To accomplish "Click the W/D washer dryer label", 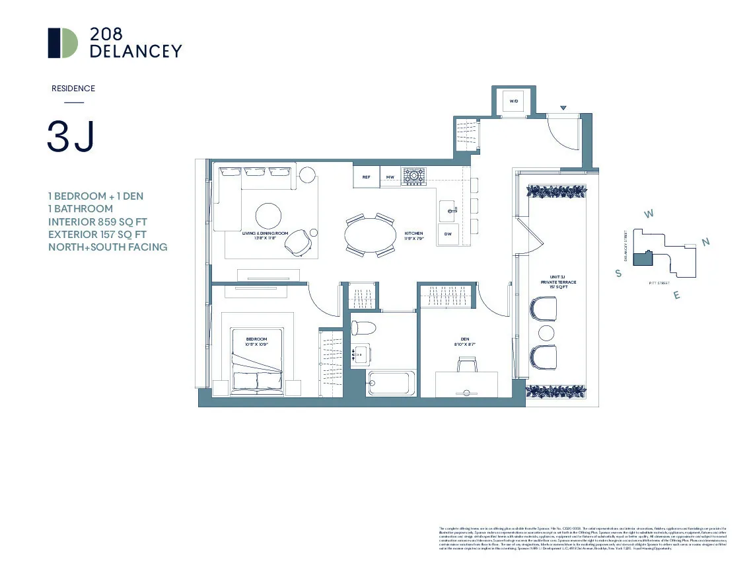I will click(x=513, y=101).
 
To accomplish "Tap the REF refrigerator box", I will click(x=365, y=177).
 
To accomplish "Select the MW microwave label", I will click(x=390, y=177).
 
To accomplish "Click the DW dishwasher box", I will click(x=448, y=234).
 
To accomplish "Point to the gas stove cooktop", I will click(x=415, y=176).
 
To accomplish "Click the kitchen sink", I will click(x=448, y=210).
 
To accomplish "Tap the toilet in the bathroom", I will click(x=362, y=327).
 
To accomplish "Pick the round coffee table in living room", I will click(x=269, y=215).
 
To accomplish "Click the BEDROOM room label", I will click(x=256, y=341).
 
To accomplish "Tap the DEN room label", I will click(x=465, y=341).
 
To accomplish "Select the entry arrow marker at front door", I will click(x=563, y=108).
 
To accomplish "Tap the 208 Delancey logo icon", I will click(x=63, y=43).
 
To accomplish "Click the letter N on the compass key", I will click(x=705, y=243).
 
